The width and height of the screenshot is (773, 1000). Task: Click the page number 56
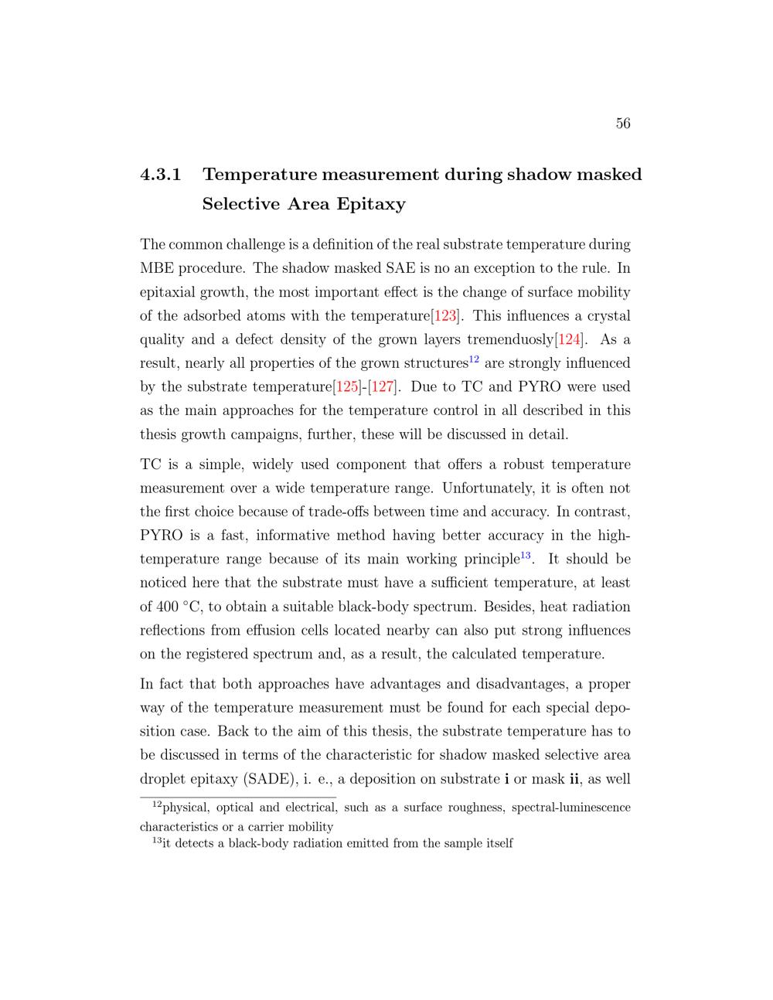pyautogui.click(x=623, y=124)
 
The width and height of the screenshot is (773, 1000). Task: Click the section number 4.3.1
pyautogui.click(x=161, y=175)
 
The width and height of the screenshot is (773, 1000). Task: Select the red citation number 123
pyautogui.click(x=446, y=316)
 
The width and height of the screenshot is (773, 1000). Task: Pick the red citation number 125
pyautogui.click(x=346, y=387)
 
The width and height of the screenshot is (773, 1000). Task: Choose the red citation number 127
pyautogui.click(x=383, y=387)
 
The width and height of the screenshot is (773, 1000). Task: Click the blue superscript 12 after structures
pyautogui.click(x=475, y=359)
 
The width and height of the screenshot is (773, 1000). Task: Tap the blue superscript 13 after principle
pyautogui.click(x=526, y=555)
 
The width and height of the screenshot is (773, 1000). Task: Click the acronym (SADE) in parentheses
pyautogui.click(x=267, y=779)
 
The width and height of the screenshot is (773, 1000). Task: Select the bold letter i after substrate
pyautogui.click(x=506, y=779)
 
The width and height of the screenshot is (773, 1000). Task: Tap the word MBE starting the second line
pyautogui.click(x=158, y=269)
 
